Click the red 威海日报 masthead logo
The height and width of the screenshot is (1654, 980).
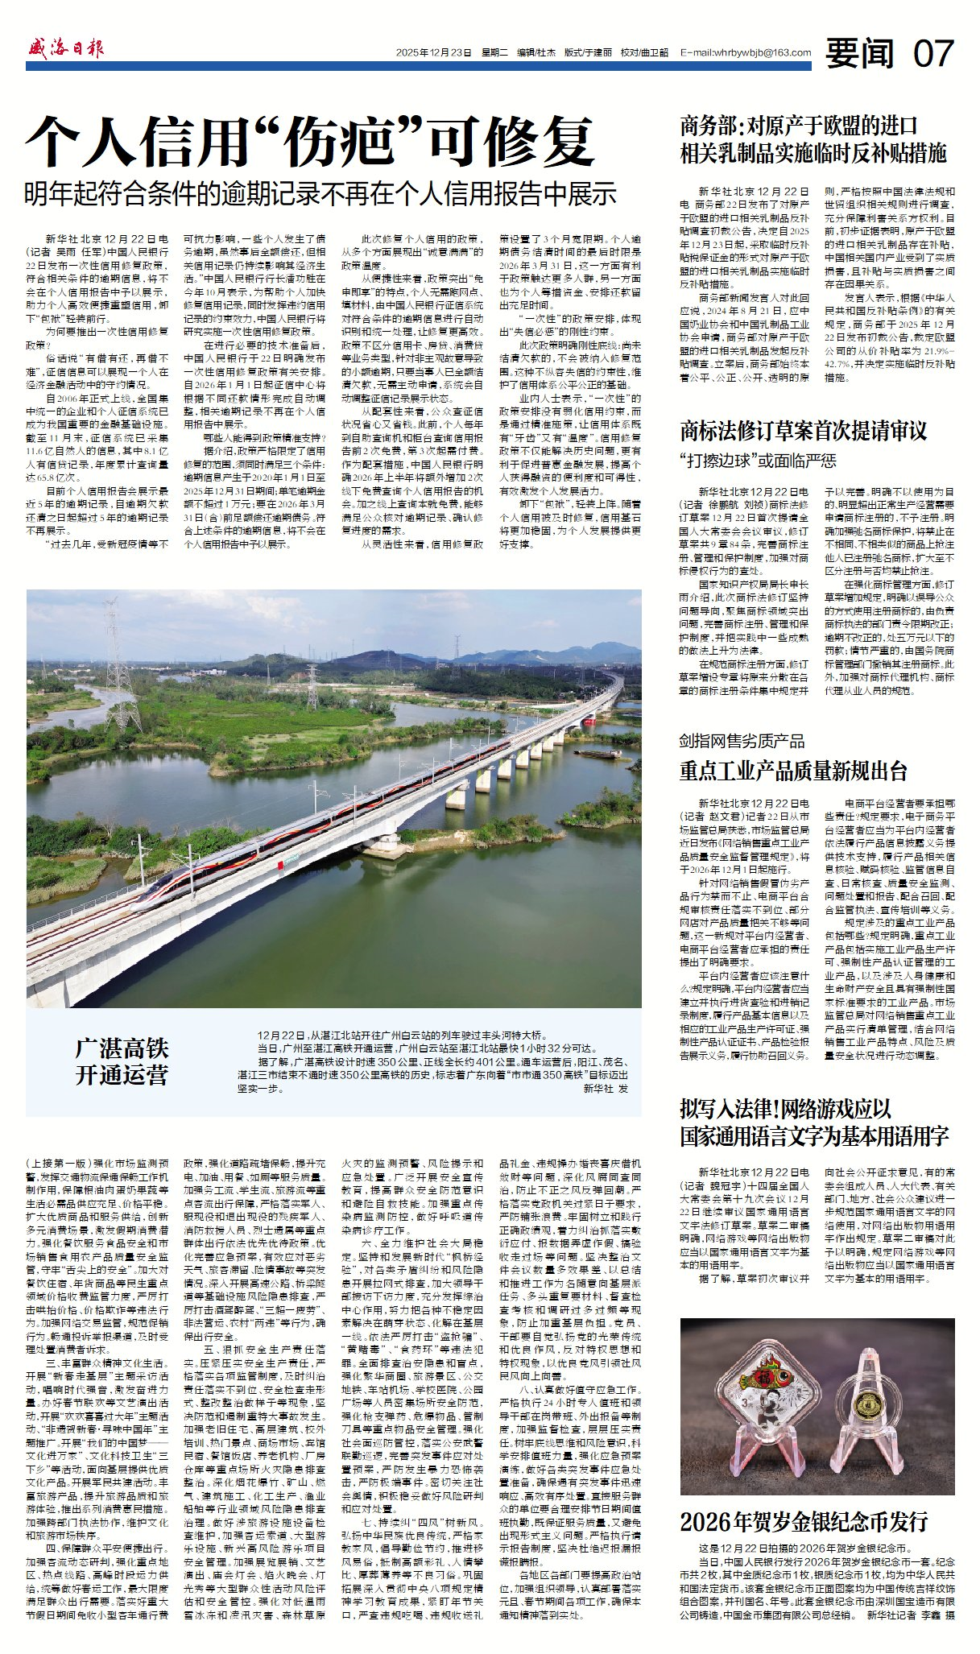[66, 49]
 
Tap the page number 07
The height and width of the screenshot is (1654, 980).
[933, 54]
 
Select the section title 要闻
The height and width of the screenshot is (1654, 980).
[860, 54]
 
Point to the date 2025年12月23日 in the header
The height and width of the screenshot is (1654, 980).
[433, 53]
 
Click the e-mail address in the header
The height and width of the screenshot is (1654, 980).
[746, 53]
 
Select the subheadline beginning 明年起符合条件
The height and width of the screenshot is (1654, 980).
[320, 193]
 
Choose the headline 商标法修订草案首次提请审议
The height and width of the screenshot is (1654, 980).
[803, 431]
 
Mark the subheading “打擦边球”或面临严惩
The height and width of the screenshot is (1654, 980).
[758, 461]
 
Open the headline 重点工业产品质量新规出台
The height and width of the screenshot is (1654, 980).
[793, 771]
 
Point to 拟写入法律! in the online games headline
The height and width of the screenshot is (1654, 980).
[740, 1109]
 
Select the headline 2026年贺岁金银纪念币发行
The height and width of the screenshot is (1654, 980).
[804, 1521]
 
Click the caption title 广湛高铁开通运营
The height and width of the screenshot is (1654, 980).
[122, 1061]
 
